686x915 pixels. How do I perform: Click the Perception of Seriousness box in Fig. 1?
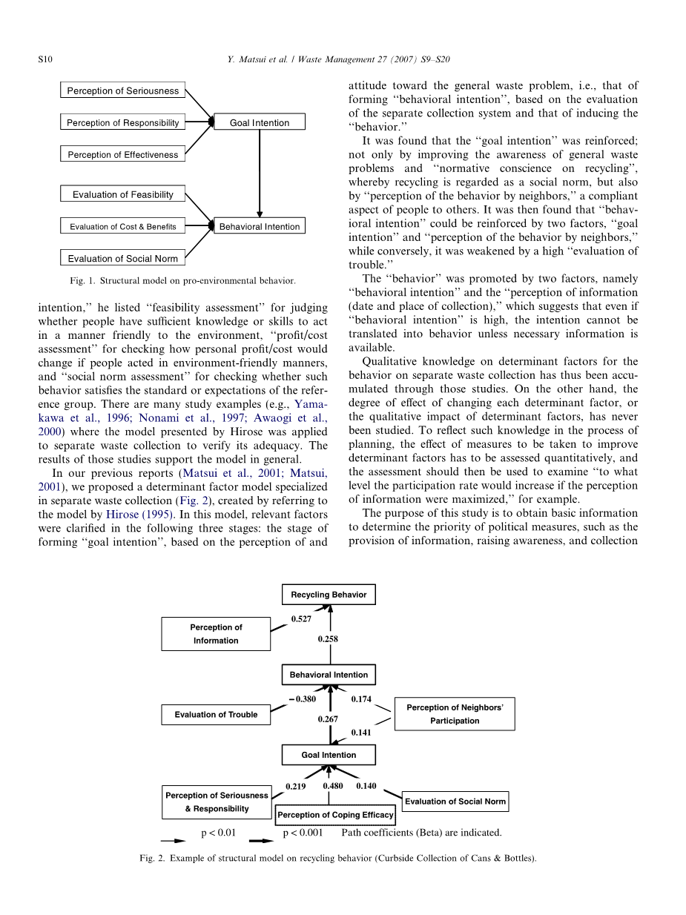coord(122,90)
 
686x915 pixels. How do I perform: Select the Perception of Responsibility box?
coord(122,122)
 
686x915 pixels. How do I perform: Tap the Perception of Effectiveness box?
coord(122,154)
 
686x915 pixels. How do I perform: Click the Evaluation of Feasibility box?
coord(122,194)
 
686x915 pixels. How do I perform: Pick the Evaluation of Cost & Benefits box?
coord(122,226)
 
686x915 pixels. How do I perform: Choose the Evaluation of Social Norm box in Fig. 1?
coord(122,258)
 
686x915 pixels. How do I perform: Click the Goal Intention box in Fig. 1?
coord(259,122)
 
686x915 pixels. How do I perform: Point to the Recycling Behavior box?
coord(329,595)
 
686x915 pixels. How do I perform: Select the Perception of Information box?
coord(216,634)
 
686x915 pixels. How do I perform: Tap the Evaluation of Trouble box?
coord(216,715)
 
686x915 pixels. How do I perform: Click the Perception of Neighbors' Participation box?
coord(454,714)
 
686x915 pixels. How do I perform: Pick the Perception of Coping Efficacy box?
coord(335,815)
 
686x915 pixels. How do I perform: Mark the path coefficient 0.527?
coord(301,618)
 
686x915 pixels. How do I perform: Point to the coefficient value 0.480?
coord(333,786)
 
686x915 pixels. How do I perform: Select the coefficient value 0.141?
coord(361,733)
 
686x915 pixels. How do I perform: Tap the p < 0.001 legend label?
coord(303,832)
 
